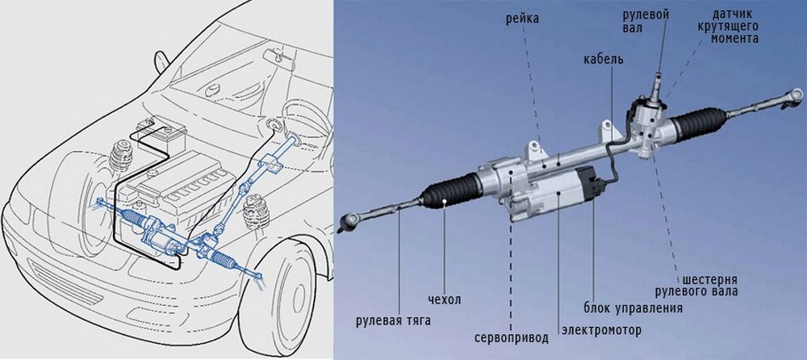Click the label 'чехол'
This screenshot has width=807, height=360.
pos(445,300)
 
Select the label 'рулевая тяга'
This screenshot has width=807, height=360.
pos(393,320)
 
